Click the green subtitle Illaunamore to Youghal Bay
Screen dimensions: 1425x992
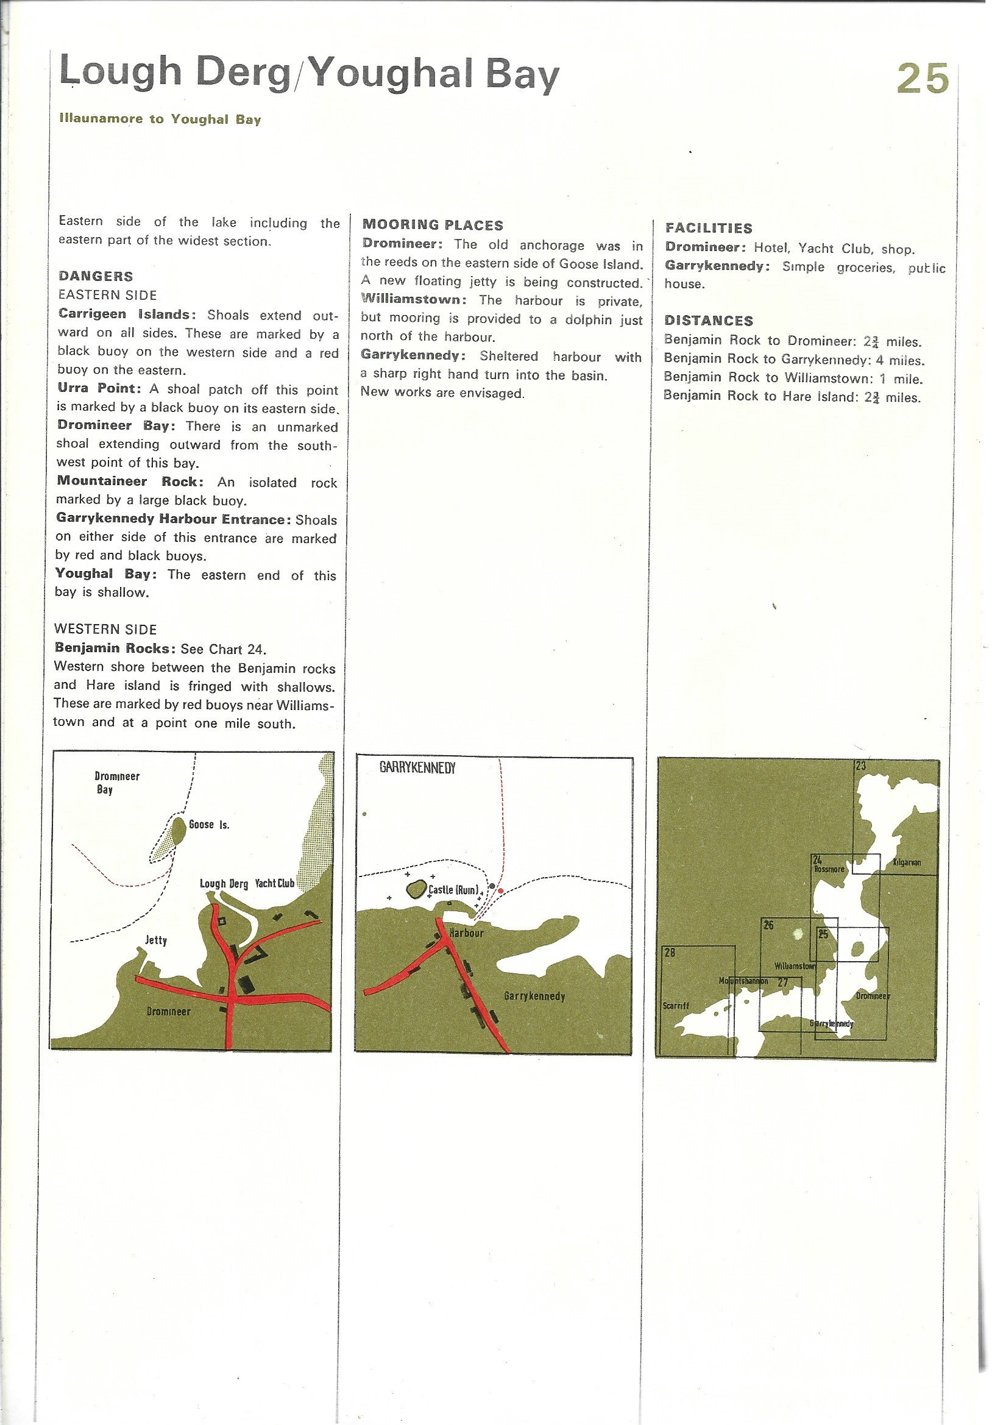click(x=160, y=119)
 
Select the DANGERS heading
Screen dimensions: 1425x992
click(x=96, y=276)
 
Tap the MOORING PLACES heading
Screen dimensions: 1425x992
click(x=433, y=225)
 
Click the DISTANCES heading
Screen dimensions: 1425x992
click(x=709, y=321)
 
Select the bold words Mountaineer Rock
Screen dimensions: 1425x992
click(x=130, y=482)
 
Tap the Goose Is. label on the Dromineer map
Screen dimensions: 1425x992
click(x=209, y=824)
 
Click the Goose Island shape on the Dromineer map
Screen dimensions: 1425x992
click(x=179, y=828)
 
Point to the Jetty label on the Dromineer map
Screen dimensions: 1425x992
click(x=156, y=940)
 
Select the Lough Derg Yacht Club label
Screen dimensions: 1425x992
click(x=247, y=883)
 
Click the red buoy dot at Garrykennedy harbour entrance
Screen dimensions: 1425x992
click(x=501, y=891)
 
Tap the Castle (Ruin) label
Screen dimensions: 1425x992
click(x=454, y=890)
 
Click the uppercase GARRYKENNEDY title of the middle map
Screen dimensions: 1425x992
click(x=417, y=769)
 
